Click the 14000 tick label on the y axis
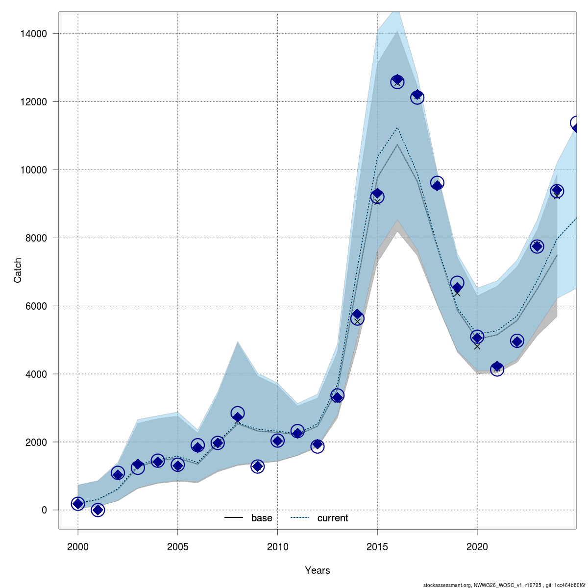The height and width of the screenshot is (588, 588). (34, 34)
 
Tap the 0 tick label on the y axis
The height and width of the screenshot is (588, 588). (44, 510)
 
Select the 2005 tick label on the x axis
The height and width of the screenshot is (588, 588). (178, 547)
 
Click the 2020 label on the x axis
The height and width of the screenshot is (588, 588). (477, 547)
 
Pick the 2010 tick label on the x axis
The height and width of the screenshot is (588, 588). (277, 547)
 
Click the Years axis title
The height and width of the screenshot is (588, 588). (318, 570)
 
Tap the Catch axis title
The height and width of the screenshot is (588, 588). (18, 270)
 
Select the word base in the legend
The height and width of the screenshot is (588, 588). (262, 518)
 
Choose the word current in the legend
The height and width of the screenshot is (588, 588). (333, 518)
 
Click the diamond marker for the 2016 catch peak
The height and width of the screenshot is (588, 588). (397, 81)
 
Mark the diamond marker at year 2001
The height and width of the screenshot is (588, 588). (98, 510)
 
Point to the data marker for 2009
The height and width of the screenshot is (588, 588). (258, 466)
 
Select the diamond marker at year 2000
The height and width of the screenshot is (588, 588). (78, 503)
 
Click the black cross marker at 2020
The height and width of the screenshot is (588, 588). (477, 346)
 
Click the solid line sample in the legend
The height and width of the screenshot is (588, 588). (234, 518)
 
